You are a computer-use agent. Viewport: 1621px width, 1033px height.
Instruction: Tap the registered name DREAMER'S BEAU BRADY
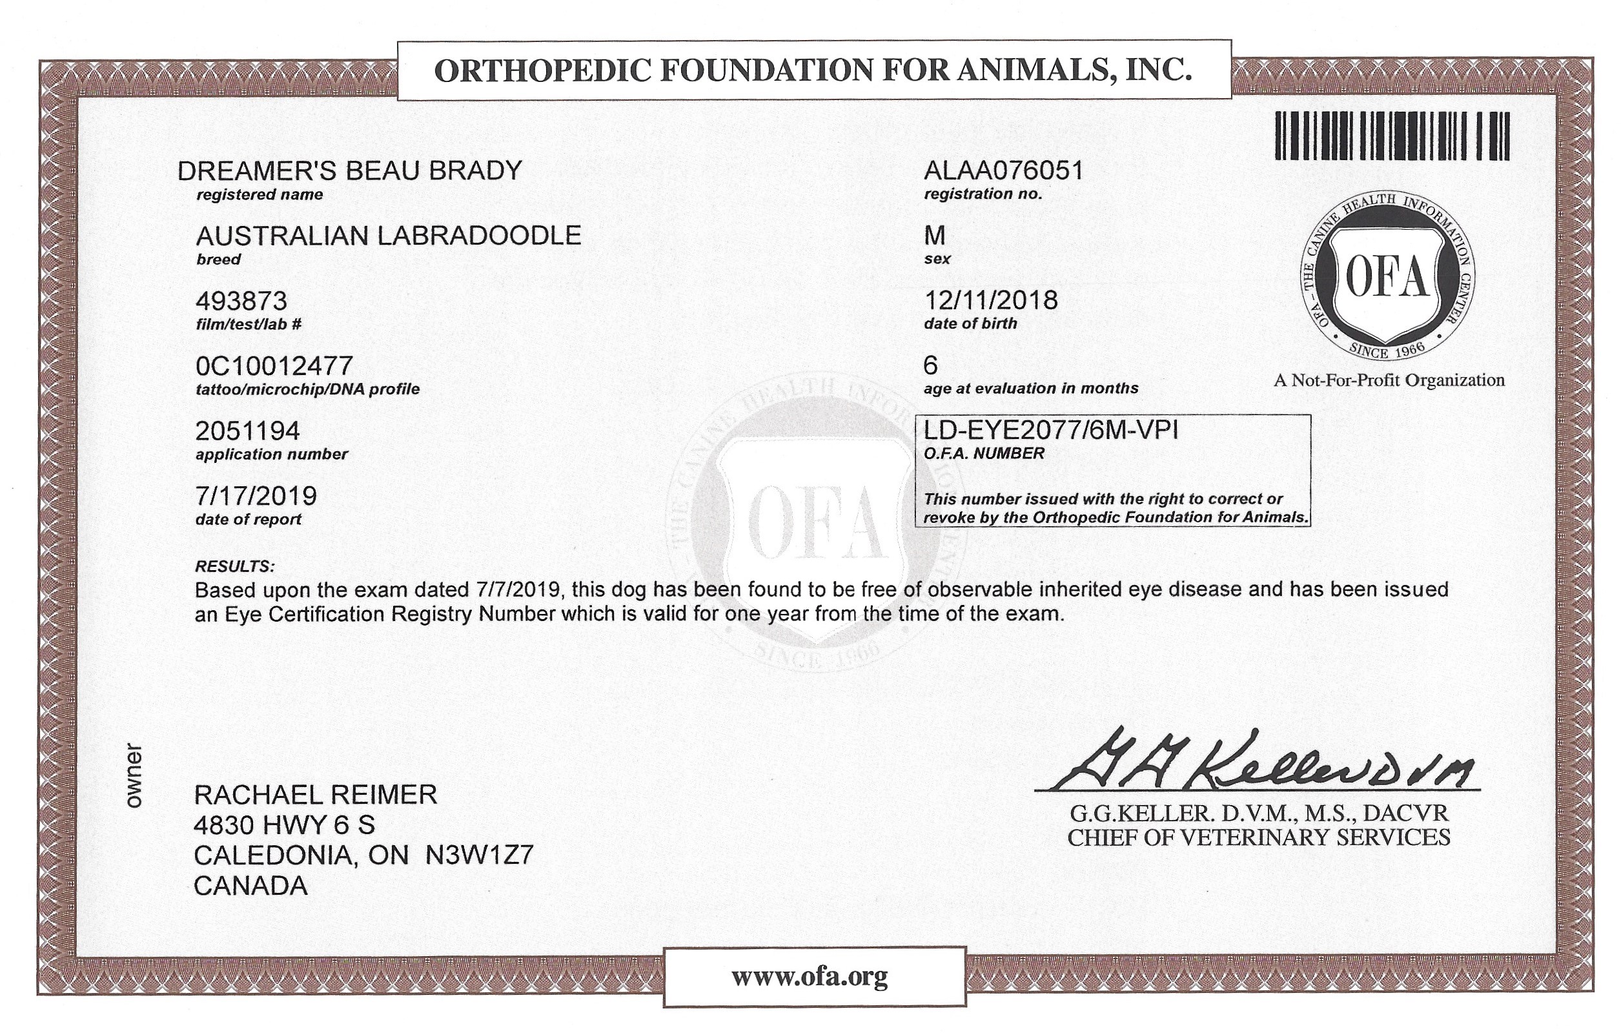[x=349, y=171]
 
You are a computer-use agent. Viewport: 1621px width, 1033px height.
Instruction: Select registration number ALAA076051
[x=1004, y=171]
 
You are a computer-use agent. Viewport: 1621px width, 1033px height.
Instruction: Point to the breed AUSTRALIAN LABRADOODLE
[x=389, y=236]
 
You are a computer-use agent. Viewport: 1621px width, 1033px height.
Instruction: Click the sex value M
[x=935, y=236]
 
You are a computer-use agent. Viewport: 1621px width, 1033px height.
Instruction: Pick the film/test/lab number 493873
[x=241, y=300]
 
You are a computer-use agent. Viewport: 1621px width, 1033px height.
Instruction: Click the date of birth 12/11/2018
[x=991, y=300]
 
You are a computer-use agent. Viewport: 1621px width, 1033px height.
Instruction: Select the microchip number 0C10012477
[x=274, y=365]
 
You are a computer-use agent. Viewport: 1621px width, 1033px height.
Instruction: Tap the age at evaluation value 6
[x=931, y=365]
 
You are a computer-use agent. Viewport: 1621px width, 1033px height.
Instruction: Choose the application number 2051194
[x=247, y=431]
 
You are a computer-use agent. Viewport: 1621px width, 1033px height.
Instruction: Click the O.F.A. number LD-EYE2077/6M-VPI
[x=1051, y=429]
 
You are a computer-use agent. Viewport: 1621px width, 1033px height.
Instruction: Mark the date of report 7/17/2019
[x=256, y=496]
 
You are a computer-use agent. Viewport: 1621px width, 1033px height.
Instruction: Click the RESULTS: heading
[x=235, y=566]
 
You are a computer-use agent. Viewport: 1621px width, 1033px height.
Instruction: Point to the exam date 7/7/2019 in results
[x=518, y=590]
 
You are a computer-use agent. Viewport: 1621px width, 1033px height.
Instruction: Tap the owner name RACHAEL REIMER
[x=316, y=795]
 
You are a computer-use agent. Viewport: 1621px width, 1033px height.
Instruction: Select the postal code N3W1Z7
[x=479, y=855]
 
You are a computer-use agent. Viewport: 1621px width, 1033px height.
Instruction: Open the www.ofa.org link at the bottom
[x=810, y=976]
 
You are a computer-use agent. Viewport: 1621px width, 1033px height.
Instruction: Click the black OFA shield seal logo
[x=1387, y=277]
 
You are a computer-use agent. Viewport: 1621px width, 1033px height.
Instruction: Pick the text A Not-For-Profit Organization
[x=1389, y=380]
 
